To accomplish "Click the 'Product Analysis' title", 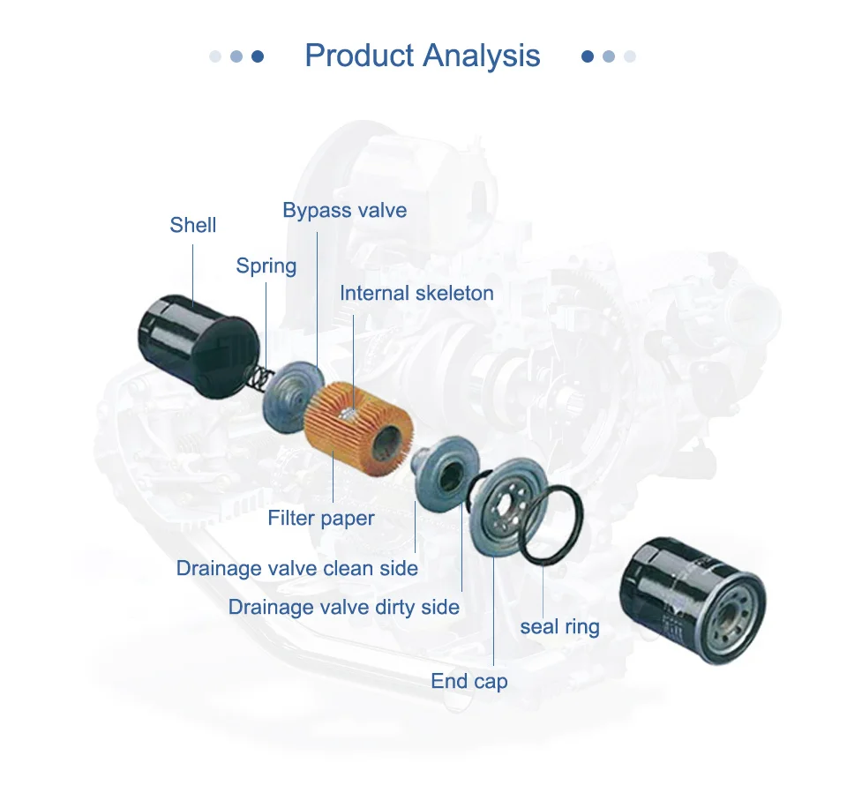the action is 423,56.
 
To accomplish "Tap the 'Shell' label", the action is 193,225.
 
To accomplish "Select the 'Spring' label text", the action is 266,266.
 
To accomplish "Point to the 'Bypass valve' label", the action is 345,211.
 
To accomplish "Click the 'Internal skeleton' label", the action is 416,293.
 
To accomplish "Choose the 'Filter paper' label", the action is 321,519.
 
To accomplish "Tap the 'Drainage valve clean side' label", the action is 297,568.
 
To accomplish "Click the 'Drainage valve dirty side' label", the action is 343,607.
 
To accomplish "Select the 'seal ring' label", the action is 559,627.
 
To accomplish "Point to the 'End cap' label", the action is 468,681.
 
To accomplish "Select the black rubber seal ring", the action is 551,525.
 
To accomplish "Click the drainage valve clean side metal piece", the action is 446,471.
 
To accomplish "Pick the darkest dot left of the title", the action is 258,56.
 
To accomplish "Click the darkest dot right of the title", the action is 588,56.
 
